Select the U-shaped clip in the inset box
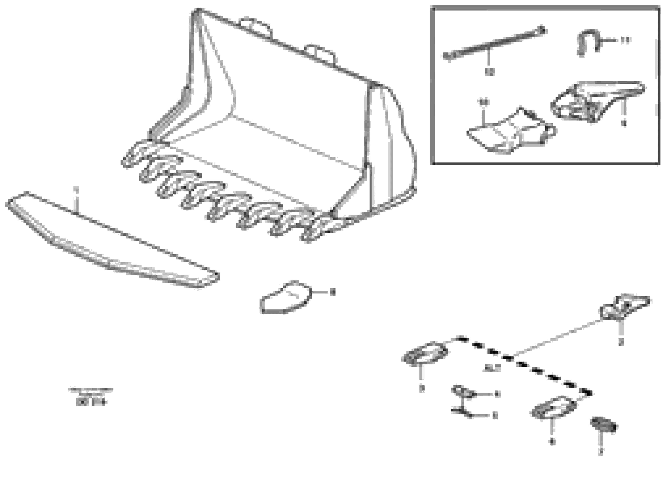pos(588,41)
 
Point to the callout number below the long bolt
pos(490,72)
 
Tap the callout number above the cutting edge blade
pos(76,189)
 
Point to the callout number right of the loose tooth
pos(332,293)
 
